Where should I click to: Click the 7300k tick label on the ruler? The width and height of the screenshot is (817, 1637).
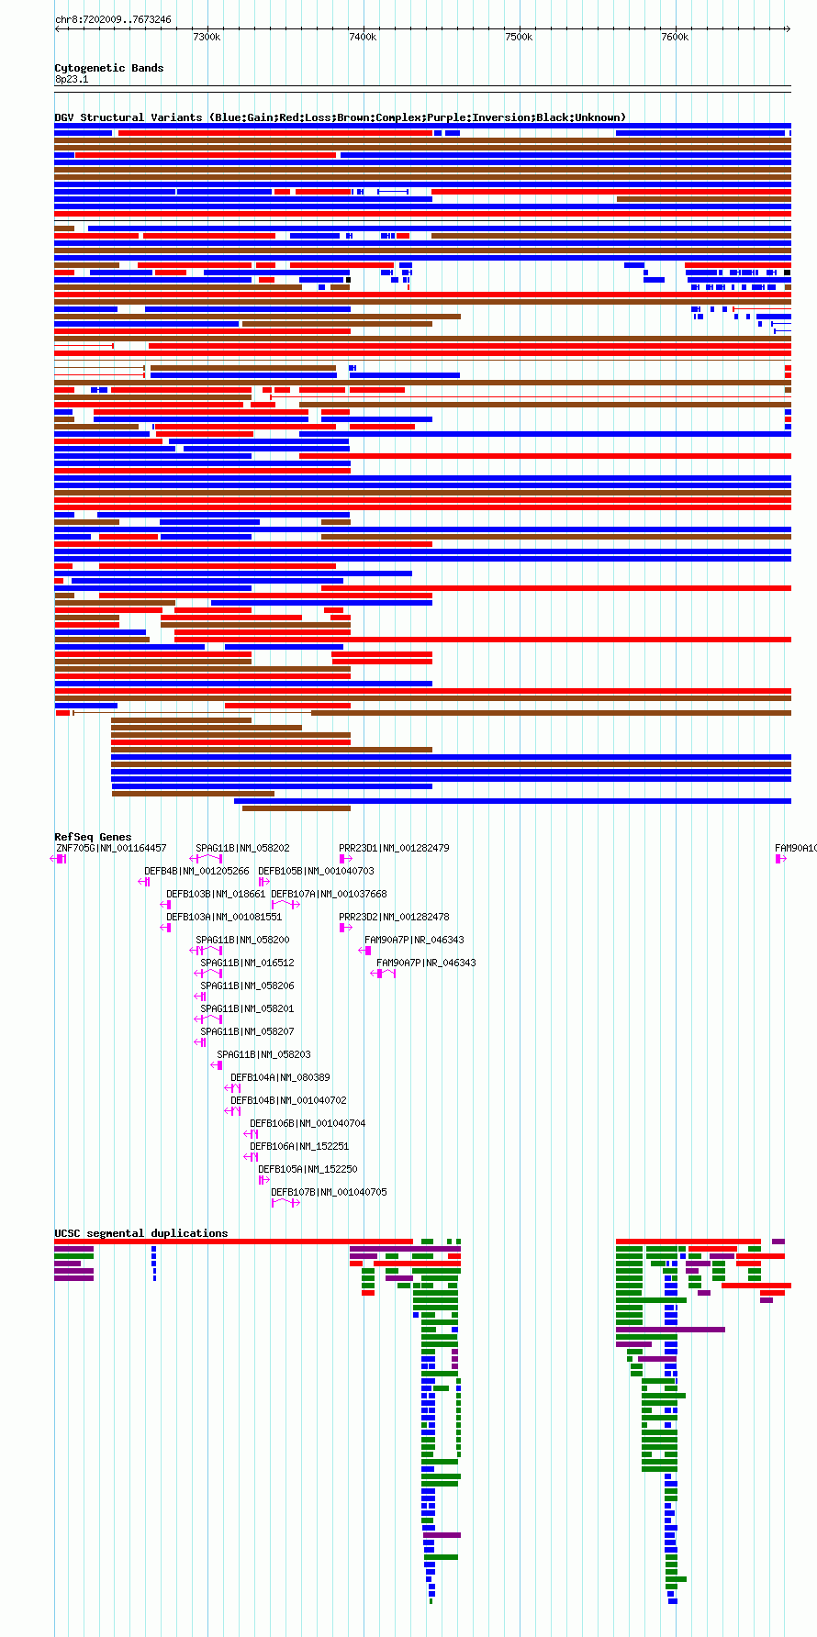(x=207, y=37)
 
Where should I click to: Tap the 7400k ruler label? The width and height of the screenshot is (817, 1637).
(x=363, y=37)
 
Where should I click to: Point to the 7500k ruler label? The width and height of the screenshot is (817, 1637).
(x=519, y=37)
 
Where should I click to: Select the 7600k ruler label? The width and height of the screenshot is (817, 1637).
(x=675, y=37)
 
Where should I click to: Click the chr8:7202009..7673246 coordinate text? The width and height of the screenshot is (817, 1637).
(x=113, y=19)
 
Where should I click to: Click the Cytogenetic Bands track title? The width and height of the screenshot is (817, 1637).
(x=109, y=68)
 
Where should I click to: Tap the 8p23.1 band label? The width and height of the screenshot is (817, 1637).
(x=72, y=80)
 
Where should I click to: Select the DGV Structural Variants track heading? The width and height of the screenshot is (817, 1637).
(x=341, y=117)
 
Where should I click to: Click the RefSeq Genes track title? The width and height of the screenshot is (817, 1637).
(x=93, y=837)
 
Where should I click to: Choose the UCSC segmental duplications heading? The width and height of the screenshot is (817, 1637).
(x=141, y=1233)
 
